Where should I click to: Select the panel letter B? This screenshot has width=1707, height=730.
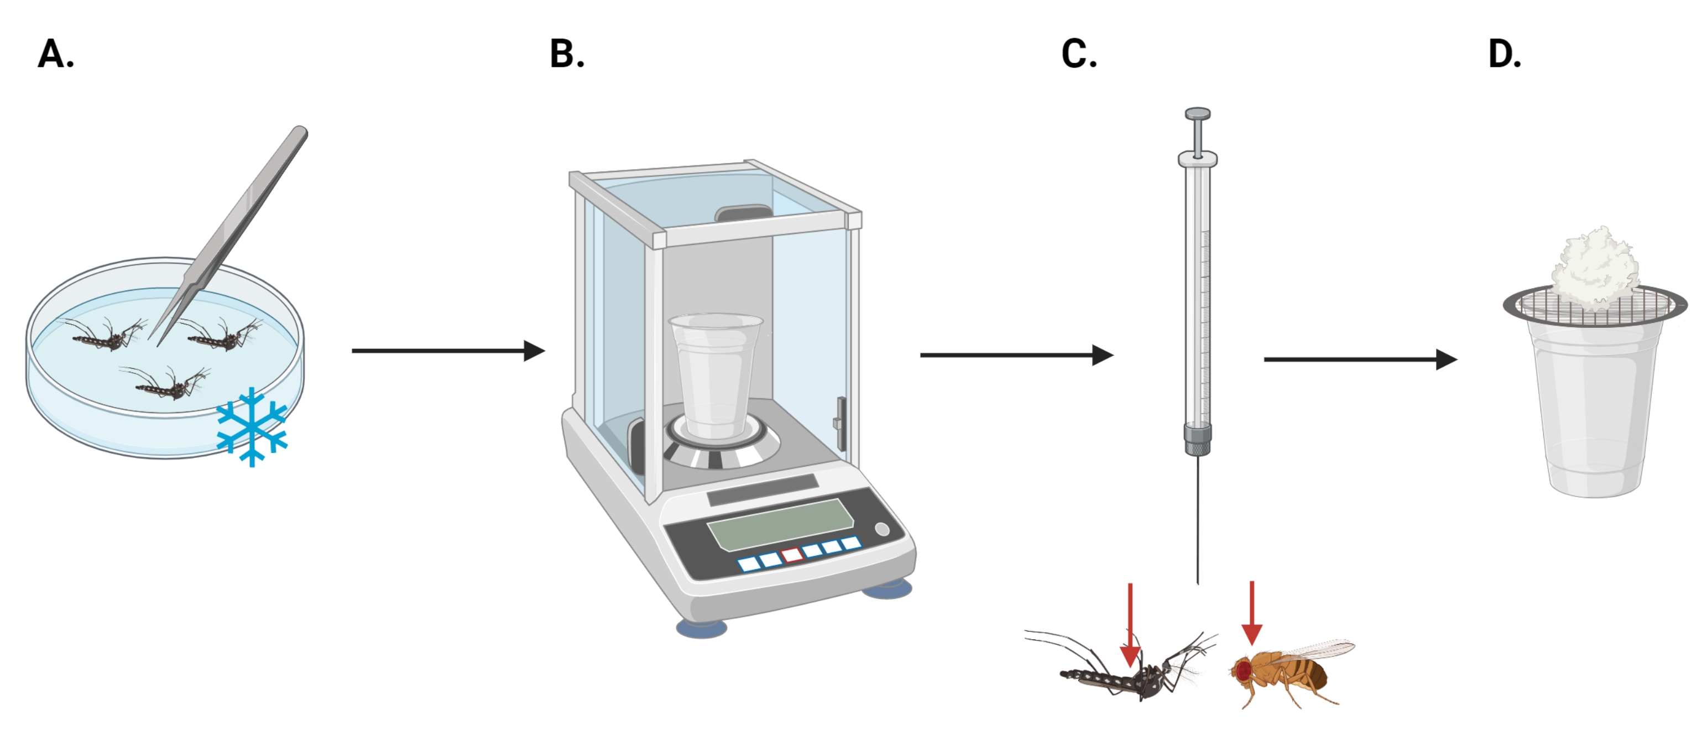click(x=567, y=54)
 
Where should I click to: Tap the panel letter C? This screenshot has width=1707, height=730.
click(x=1079, y=54)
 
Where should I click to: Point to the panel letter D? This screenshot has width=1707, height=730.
click(x=1504, y=54)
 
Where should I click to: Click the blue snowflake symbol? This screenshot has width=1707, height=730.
click(x=252, y=427)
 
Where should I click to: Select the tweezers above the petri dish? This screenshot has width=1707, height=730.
click(x=232, y=236)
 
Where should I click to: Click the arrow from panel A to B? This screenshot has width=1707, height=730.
click(x=448, y=350)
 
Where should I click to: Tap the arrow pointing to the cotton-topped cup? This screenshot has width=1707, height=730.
click(x=1361, y=359)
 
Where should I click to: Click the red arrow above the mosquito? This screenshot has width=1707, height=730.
click(x=1130, y=624)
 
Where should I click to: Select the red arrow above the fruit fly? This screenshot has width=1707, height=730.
click(x=1252, y=613)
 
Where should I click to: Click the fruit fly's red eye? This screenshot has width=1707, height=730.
click(x=1243, y=670)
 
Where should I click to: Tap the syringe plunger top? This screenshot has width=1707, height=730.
click(x=1197, y=114)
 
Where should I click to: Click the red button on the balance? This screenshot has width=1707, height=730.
click(x=792, y=555)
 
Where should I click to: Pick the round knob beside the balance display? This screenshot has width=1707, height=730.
click(x=882, y=529)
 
